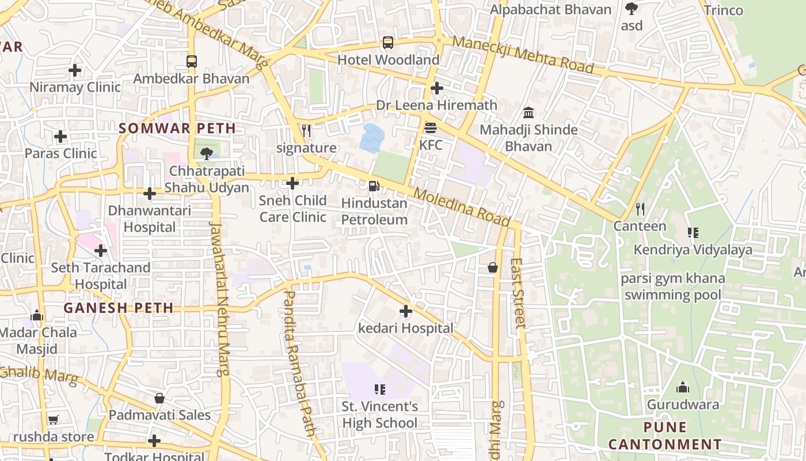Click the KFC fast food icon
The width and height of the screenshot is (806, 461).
pyautogui.click(x=431, y=127)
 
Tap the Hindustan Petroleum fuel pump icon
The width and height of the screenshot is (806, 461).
pyautogui.click(x=374, y=186)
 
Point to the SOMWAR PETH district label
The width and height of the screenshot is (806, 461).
pyautogui.click(x=177, y=128)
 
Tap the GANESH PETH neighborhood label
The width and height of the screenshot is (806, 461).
pyautogui.click(x=119, y=308)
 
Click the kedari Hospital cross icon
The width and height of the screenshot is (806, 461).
pyautogui.click(x=406, y=311)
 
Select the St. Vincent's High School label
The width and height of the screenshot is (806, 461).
pyautogui.click(x=380, y=415)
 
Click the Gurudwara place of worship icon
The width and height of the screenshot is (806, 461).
pyautogui.click(x=683, y=387)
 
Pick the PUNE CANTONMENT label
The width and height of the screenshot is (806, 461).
pyautogui.click(x=665, y=436)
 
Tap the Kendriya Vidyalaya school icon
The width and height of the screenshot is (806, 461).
pyautogui.click(x=693, y=233)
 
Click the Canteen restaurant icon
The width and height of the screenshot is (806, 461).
pyautogui.click(x=640, y=209)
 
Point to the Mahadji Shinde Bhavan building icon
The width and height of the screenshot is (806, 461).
pyautogui.click(x=529, y=112)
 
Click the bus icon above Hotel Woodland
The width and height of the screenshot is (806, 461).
pyautogui.click(x=388, y=43)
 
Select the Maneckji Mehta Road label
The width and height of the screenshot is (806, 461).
pyautogui.click(x=522, y=54)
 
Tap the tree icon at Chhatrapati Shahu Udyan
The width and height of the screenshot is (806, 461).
pyautogui.click(x=206, y=153)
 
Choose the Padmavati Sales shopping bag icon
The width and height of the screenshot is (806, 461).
pyautogui.click(x=159, y=398)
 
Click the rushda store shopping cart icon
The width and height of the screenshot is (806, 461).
pyautogui.click(x=54, y=420)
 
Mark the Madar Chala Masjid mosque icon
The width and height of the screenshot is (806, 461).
pyautogui.click(x=37, y=315)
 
